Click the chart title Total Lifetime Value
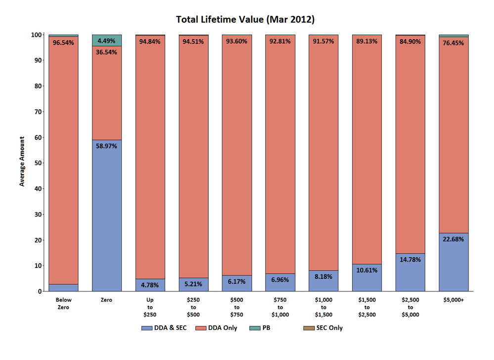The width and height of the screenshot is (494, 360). tap(246, 20)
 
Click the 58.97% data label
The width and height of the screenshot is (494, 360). tap(107, 147)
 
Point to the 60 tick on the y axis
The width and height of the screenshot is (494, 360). tap(37, 137)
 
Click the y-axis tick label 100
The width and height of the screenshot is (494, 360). tap(36, 35)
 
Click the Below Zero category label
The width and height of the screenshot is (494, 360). tap(63, 304)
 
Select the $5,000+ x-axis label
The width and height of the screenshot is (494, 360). tap(453, 300)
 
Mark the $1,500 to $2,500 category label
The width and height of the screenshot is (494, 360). tap(366, 307)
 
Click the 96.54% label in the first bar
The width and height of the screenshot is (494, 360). tap(63, 43)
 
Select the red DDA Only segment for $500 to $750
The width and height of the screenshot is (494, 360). tap(237, 158)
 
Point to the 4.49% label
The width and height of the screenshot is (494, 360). tap(107, 41)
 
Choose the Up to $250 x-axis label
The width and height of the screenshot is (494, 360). tap(150, 307)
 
